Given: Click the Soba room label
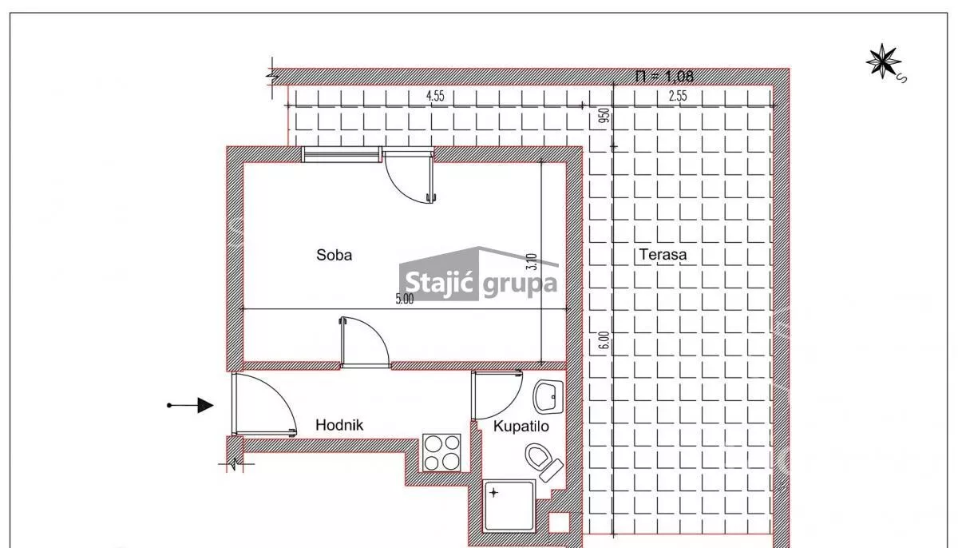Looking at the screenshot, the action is click(334, 255).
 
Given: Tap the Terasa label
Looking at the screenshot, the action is click(663, 255).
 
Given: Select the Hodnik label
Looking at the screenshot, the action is click(339, 425).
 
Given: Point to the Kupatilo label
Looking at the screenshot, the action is click(521, 426).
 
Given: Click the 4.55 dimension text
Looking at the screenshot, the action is click(435, 96).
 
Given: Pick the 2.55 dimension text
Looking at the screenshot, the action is click(678, 96).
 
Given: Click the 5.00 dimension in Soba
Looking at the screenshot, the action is click(404, 299).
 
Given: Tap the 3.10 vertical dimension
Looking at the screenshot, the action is click(532, 261).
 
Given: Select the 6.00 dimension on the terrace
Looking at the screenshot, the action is click(604, 340).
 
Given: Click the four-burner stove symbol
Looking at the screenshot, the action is click(441, 452).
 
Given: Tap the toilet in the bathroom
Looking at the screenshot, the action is click(544, 461).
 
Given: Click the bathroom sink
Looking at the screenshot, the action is click(548, 396).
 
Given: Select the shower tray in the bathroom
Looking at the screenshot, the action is click(509, 506).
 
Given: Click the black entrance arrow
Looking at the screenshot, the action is click(190, 405).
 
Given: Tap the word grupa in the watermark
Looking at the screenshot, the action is click(520, 284).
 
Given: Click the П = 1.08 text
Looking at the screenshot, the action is click(664, 76).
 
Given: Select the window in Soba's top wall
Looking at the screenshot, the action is click(342, 154).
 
